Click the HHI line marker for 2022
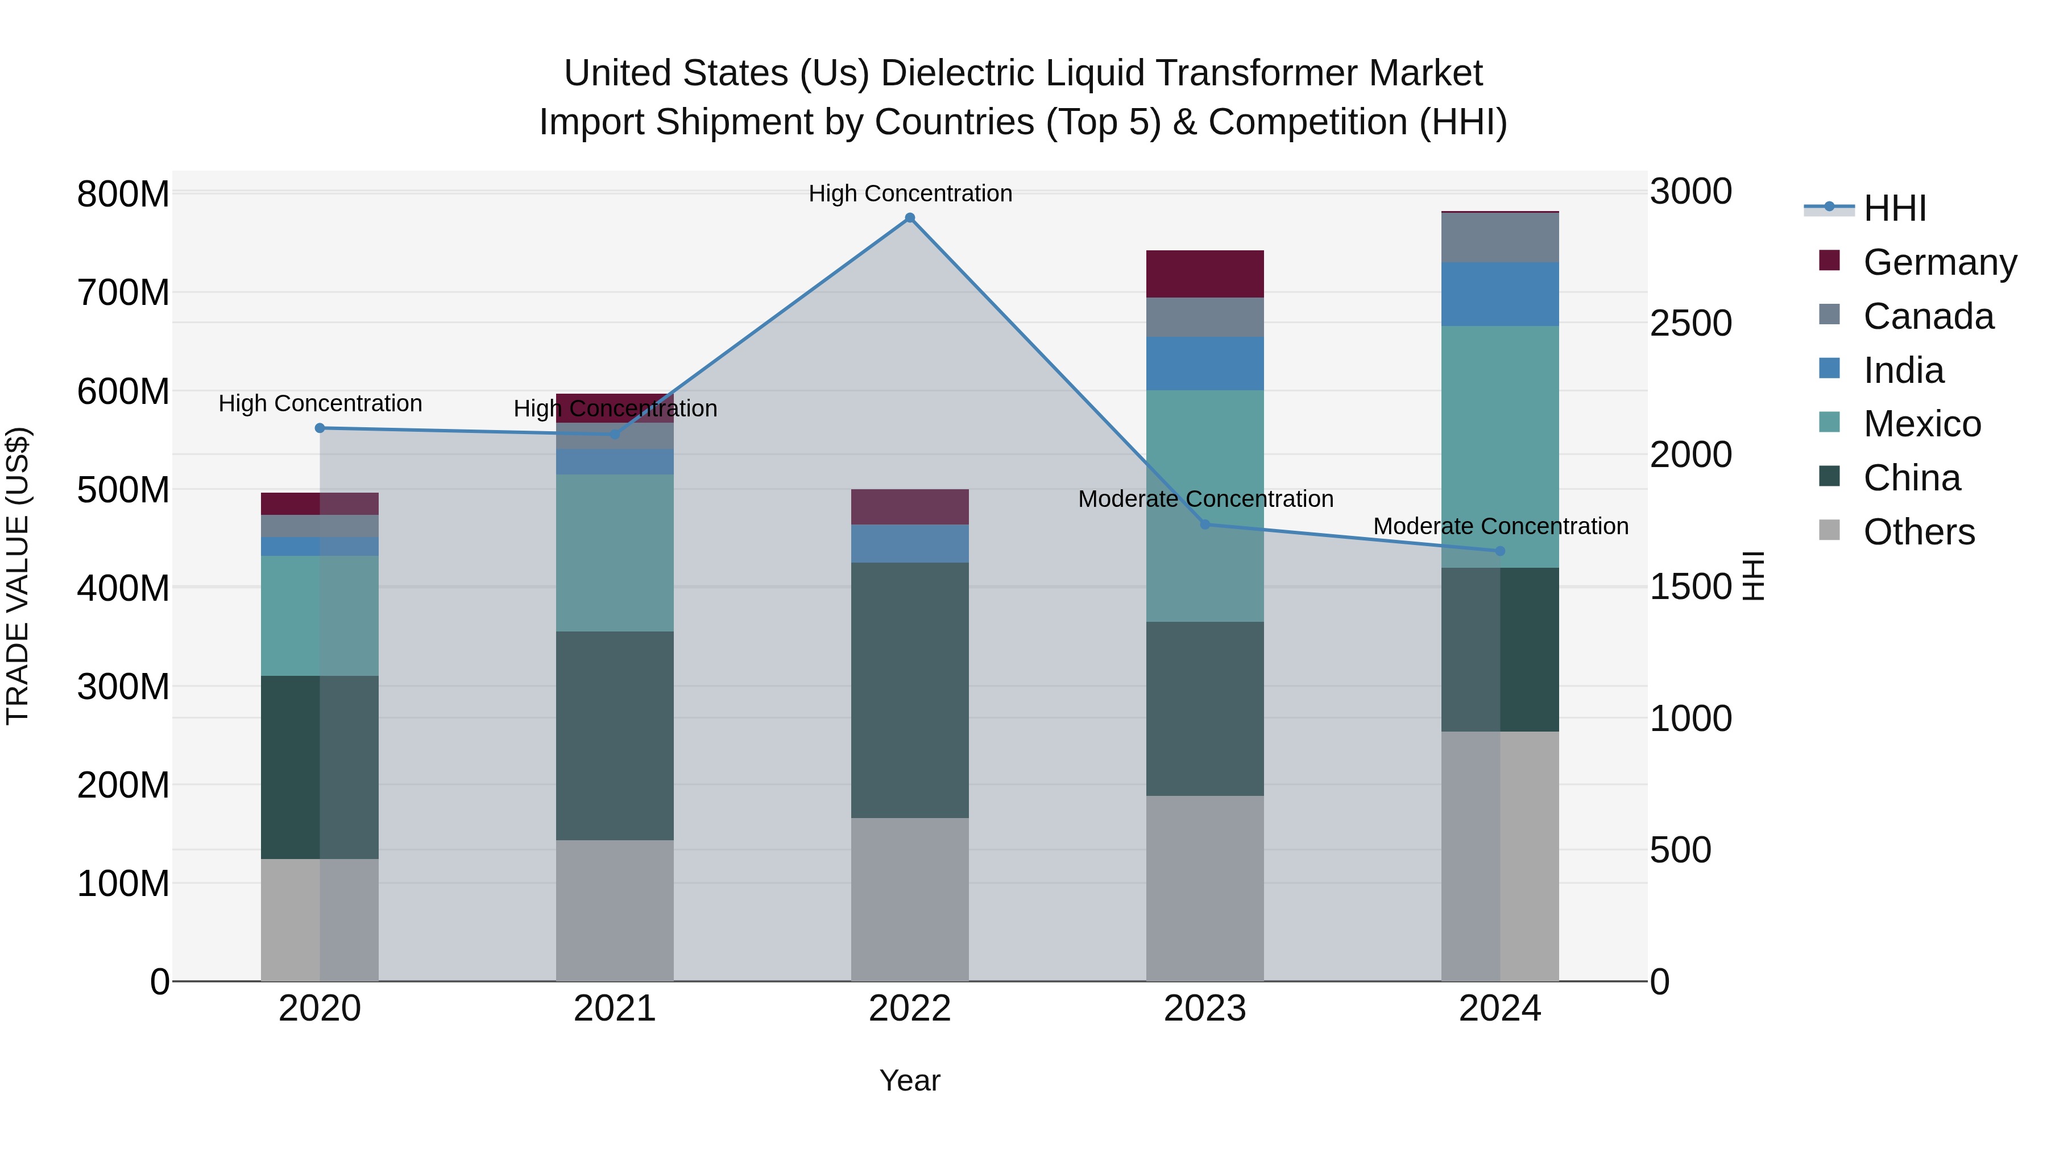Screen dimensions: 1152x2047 910,218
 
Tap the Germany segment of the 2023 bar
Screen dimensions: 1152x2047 1205,274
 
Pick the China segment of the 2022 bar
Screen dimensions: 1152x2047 910,690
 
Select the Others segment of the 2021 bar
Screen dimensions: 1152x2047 614,910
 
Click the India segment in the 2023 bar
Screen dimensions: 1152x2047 1205,364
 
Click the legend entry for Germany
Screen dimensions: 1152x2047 1939,262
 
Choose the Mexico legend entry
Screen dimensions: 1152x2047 1921,424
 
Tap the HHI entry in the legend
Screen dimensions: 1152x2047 1895,208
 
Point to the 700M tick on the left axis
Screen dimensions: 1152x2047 123,292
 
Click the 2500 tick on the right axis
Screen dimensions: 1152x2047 1691,323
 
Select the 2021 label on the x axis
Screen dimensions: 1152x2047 614,1009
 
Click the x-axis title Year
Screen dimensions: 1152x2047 910,1080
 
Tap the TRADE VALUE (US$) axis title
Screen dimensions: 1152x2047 18,576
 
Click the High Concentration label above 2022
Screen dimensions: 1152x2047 910,193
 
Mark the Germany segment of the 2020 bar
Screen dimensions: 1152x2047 320,503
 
